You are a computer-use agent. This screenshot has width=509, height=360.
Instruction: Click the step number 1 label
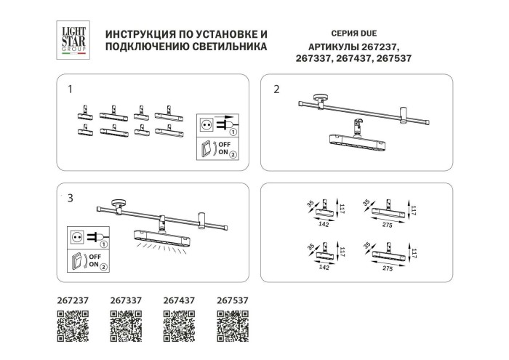click(x=70, y=90)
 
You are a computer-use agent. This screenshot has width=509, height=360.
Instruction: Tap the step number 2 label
click(x=276, y=90)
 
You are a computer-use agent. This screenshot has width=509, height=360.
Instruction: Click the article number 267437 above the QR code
click(x=179, y=299)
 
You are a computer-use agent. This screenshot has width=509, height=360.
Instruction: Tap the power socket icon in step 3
click(x=81, y=236)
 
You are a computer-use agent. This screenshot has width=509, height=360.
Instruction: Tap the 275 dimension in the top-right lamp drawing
click(x=388, y=226)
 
